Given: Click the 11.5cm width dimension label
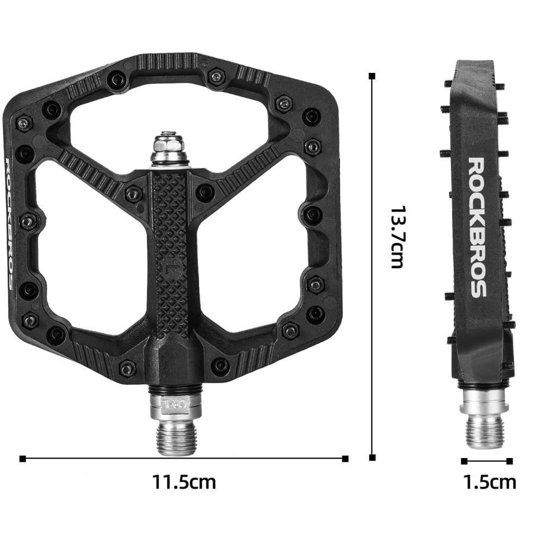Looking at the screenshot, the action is tap(184, 482).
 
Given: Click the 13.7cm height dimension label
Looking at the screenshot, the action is tap(398, 238).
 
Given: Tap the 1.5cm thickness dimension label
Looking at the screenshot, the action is tap(490, 482).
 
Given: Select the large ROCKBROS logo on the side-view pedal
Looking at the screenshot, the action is tap(478, 227).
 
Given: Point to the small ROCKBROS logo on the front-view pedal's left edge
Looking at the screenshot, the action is tap(10, 224).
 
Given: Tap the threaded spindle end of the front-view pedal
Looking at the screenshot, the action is tap(177, 438).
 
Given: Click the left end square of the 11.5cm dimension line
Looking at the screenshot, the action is tap(22, 459).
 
